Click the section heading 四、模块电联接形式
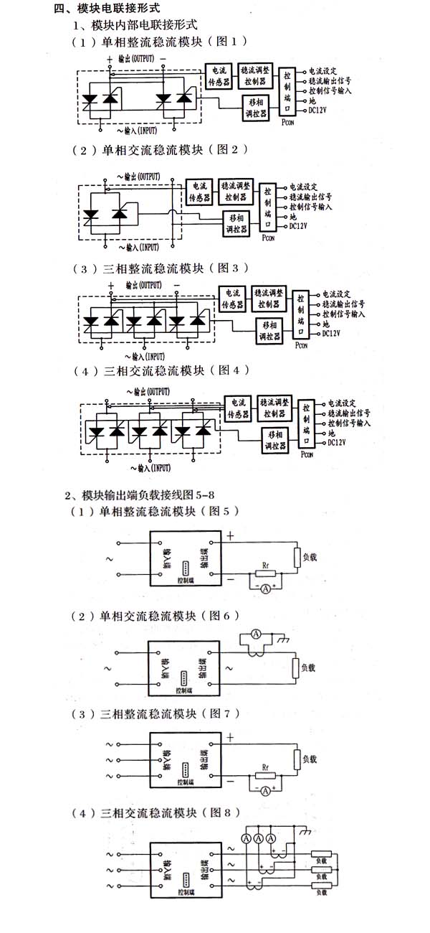(x=107, y=9)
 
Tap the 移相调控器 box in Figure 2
(x=235, y=222)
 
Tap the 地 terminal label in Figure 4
(x=331, y=433)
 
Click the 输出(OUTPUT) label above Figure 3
(x=143, y=284)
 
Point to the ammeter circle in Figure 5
(x=264, y=589)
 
